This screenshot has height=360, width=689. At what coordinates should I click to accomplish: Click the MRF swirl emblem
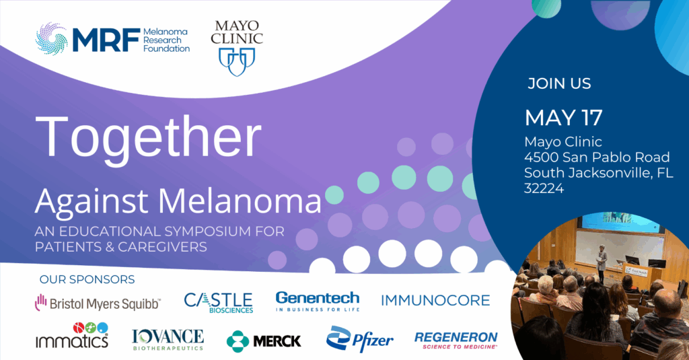click(51, 39)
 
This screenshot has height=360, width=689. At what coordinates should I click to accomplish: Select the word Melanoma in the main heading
click(240, 202)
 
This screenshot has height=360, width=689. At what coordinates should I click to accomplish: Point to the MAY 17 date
click(564, 117)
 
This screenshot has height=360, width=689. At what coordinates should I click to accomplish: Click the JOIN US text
click(559, 83)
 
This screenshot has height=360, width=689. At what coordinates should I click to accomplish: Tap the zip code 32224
click(544, 188)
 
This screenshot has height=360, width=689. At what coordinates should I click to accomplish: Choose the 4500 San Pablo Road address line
click(597, 157)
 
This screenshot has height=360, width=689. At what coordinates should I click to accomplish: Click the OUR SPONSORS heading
click(87, 279)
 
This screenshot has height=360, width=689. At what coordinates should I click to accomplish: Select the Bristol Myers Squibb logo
click(98, 303)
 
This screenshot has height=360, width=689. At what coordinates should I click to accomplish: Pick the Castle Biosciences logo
click(219, 303)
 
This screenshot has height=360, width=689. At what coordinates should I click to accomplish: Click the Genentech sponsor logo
click(318, 301)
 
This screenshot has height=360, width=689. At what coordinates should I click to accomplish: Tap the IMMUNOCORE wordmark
click(435, 301)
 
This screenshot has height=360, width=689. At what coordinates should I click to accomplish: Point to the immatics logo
click(72, 335)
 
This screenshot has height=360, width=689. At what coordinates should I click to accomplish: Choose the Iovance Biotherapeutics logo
click(168, 339)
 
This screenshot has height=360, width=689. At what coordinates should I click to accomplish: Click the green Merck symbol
click(238, 342)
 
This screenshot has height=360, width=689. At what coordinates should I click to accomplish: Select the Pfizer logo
click(359, 339)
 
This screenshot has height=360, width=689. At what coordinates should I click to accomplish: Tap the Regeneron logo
click(456, 340)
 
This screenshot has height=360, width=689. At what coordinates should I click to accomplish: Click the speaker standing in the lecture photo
click(601, 263)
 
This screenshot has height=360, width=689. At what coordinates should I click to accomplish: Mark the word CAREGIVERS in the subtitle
click(162, 247)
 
